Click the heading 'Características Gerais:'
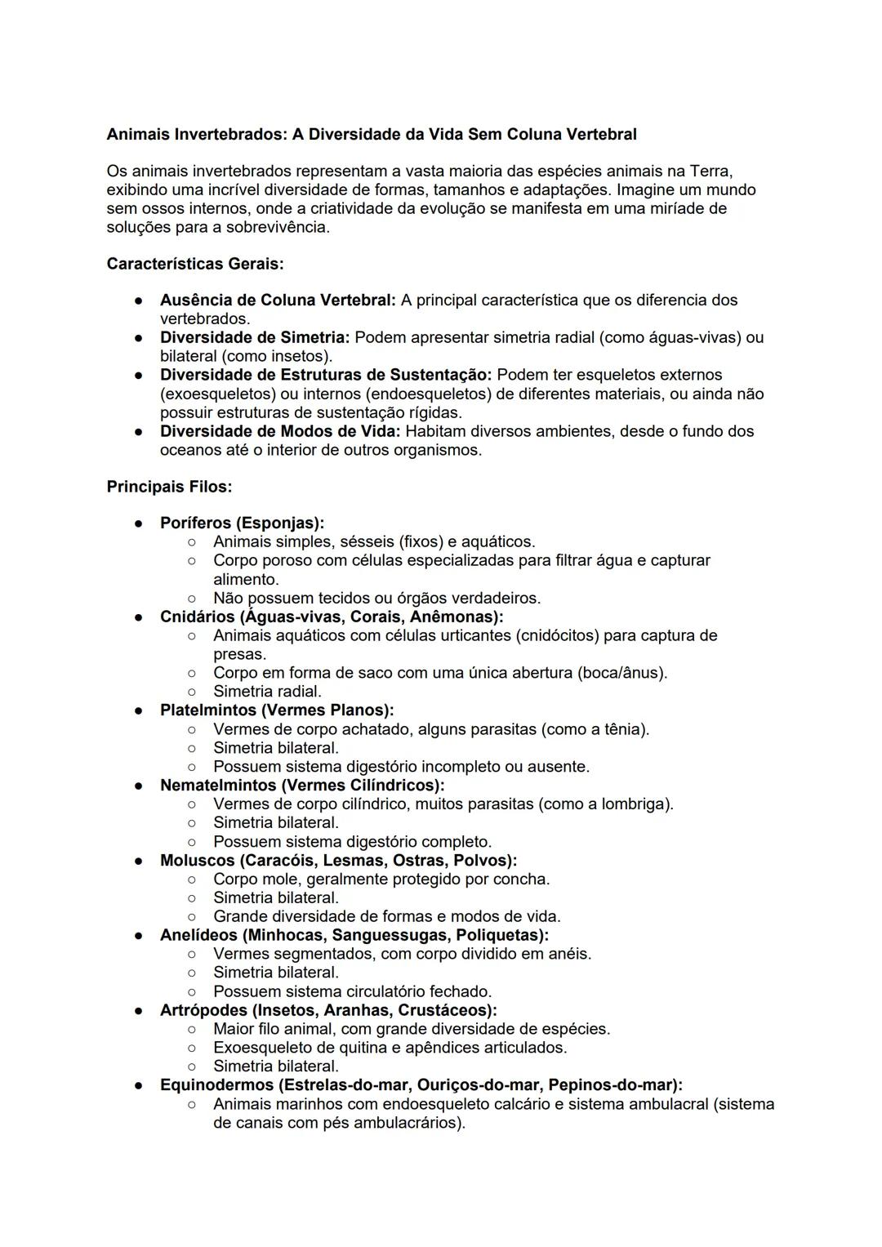click(x=195, y=265)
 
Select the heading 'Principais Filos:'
click(x=169, y=487)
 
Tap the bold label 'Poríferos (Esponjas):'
click(x=242, y=523)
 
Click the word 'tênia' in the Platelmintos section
click(x=625, y=729)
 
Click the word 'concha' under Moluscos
click(x=521, y=879)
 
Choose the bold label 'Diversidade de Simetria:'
click(x=255, y=337)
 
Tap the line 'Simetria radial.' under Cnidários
click(x=267, y=692)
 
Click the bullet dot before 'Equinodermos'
click(x=140, y=1085)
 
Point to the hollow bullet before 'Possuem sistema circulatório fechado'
click(x=191, y=991)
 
